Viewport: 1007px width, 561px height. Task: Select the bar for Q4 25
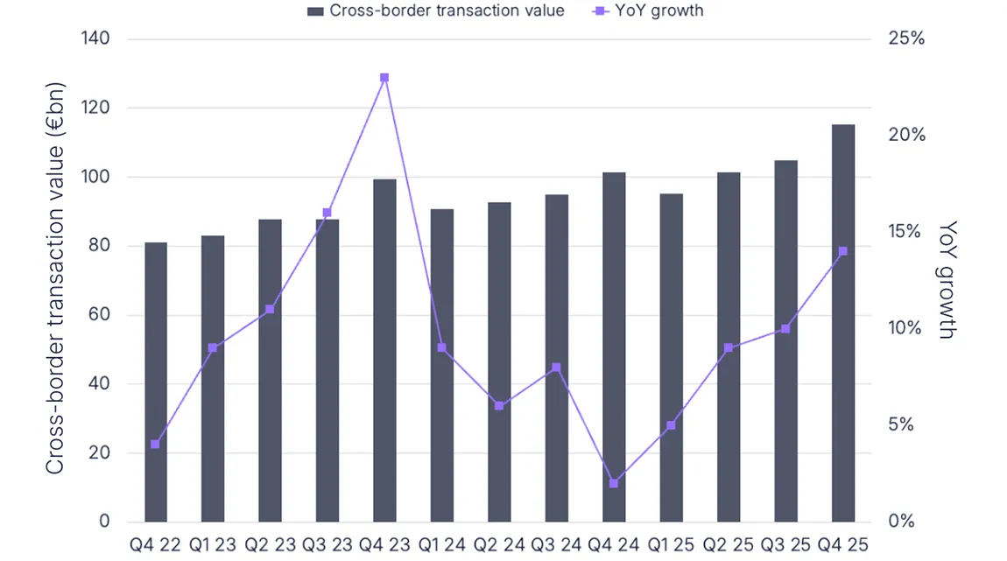click(842, 323)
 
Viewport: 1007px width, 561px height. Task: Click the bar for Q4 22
click(156, 382)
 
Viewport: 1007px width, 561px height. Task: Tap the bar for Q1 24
click(441, 365)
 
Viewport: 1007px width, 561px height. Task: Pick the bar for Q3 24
click(556, 358)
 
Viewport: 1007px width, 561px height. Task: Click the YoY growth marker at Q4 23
click(384, 78)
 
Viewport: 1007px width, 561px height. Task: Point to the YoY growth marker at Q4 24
click(614, 483)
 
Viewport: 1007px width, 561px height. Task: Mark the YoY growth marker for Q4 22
click(156, 445)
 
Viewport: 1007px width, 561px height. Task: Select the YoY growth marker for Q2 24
click(499, 406)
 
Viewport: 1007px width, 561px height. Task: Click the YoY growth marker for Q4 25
click(842, 252)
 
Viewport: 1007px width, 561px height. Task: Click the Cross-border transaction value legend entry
click(435, 11)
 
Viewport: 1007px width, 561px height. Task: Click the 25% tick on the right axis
click(905, 39)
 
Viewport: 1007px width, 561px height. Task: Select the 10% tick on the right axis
click(905, 329)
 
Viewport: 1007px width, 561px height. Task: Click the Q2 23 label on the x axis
click(270, 544)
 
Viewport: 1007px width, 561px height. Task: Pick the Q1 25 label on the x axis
click(671, 544)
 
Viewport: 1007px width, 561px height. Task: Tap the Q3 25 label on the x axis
click(785, 544)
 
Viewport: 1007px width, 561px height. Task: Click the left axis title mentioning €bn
click(56, 298)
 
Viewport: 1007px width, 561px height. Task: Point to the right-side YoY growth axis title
click(947, 280)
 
